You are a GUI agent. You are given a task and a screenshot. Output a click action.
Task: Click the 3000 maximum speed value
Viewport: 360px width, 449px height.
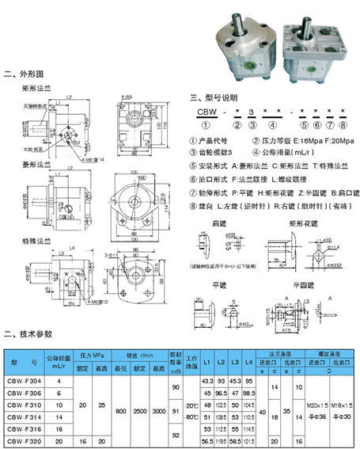(160, 410)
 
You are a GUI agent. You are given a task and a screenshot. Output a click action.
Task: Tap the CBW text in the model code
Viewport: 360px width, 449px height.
(207, 114)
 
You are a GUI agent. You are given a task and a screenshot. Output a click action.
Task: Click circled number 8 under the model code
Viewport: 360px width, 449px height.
(342, 126)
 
